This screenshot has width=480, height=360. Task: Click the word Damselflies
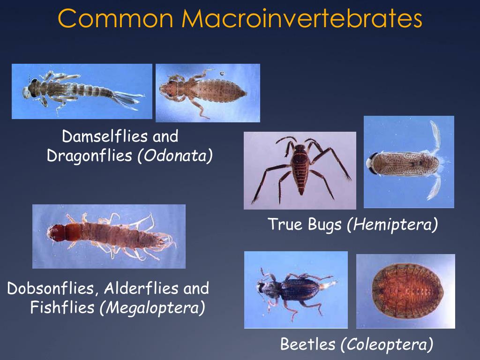click(x=98, y=136)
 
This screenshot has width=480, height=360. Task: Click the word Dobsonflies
click(x=52, y=288)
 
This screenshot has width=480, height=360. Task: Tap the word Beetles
click(x=307, y=345)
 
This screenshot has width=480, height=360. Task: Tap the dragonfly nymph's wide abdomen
click(x=220, y=90)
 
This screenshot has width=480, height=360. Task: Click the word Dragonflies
click(x=90, y=156)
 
